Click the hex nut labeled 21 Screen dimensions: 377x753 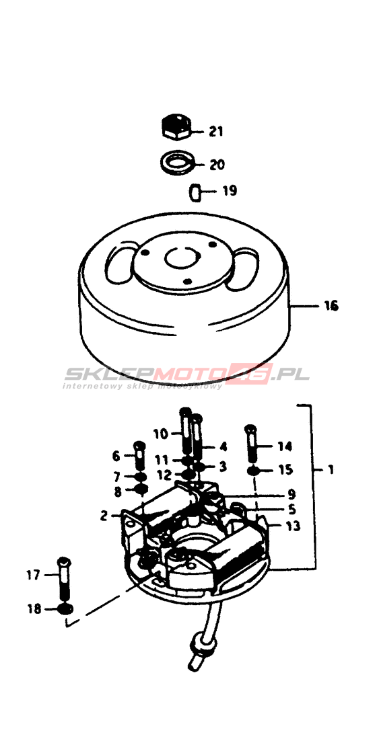click(x=176, y=127)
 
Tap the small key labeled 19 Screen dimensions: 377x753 click(x=195, y=192)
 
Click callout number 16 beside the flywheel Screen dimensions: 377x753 click(x=331, y=305)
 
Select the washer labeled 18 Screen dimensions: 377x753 click(x=65, y=609)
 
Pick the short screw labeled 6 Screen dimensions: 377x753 click(x=139, y=454)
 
